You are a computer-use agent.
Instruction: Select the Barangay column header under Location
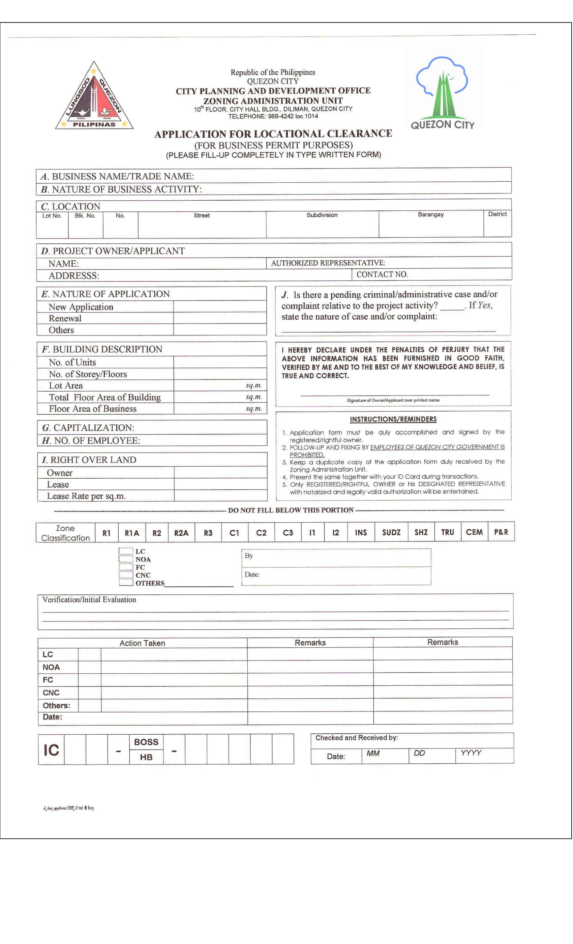click(430, 214)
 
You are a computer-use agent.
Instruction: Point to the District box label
click(497, 214)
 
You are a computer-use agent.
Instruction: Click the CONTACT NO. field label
click(382, 274)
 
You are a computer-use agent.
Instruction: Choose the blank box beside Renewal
click(219, 318)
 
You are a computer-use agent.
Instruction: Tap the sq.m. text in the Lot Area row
click(253, 385)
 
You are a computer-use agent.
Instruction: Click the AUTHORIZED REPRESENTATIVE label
click(328, 263)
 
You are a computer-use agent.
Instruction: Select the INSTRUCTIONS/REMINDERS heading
click(393, 419)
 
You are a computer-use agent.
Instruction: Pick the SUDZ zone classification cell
click(391, 532)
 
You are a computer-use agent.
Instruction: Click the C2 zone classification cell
click(261, 533)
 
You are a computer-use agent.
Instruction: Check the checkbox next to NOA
click(126, 559)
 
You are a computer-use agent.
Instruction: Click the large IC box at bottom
click(51, 750)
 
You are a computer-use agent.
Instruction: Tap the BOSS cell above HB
click(146, 742)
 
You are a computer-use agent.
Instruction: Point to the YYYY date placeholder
click(471, 753)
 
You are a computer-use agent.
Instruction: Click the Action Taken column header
click(142, 643)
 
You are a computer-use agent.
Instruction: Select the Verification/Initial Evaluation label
click(89, 599)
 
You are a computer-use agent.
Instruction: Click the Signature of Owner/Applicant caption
click(393, 400)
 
